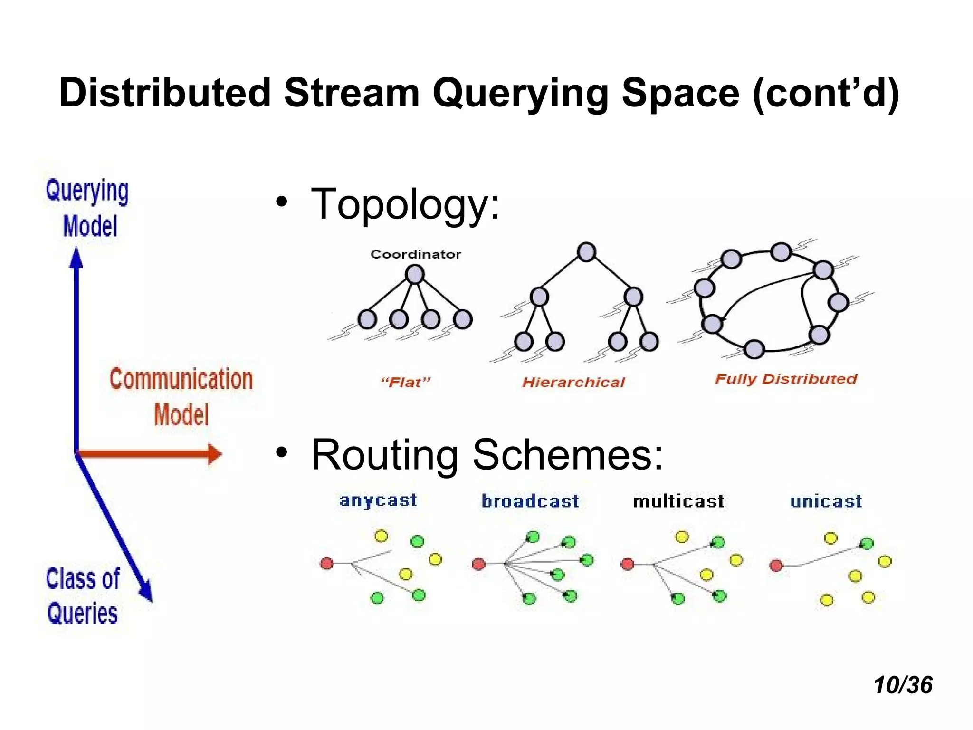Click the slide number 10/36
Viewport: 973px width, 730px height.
tap(903, 685)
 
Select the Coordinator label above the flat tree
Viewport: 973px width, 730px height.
tap(416, 254)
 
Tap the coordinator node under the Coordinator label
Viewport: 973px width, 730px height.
tap(415, 274)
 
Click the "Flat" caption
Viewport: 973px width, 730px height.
tap(405, 382)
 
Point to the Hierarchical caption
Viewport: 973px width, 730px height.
tap(573, 382)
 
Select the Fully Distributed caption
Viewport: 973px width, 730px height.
tap(786, 379)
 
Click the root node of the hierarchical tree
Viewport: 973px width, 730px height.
tap(586, 252)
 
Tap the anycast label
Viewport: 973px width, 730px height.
tap(378, 500)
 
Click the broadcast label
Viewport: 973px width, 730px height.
tap(530, 501)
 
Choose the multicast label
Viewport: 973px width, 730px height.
tap(678, 501)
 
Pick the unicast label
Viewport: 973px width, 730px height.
tap(826, 501)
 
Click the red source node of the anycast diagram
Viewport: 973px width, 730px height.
tap(327, 563)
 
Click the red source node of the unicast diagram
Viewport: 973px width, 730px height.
tap(776, 566)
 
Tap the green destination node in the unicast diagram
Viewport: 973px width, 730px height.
tap(867, 543)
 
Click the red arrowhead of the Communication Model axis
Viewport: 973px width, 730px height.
tap(215, 454)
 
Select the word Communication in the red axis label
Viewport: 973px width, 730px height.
tap(181, 379)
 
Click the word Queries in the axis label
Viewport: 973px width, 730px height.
tap(82, 613)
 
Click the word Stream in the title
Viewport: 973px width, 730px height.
tap(352, 93)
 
